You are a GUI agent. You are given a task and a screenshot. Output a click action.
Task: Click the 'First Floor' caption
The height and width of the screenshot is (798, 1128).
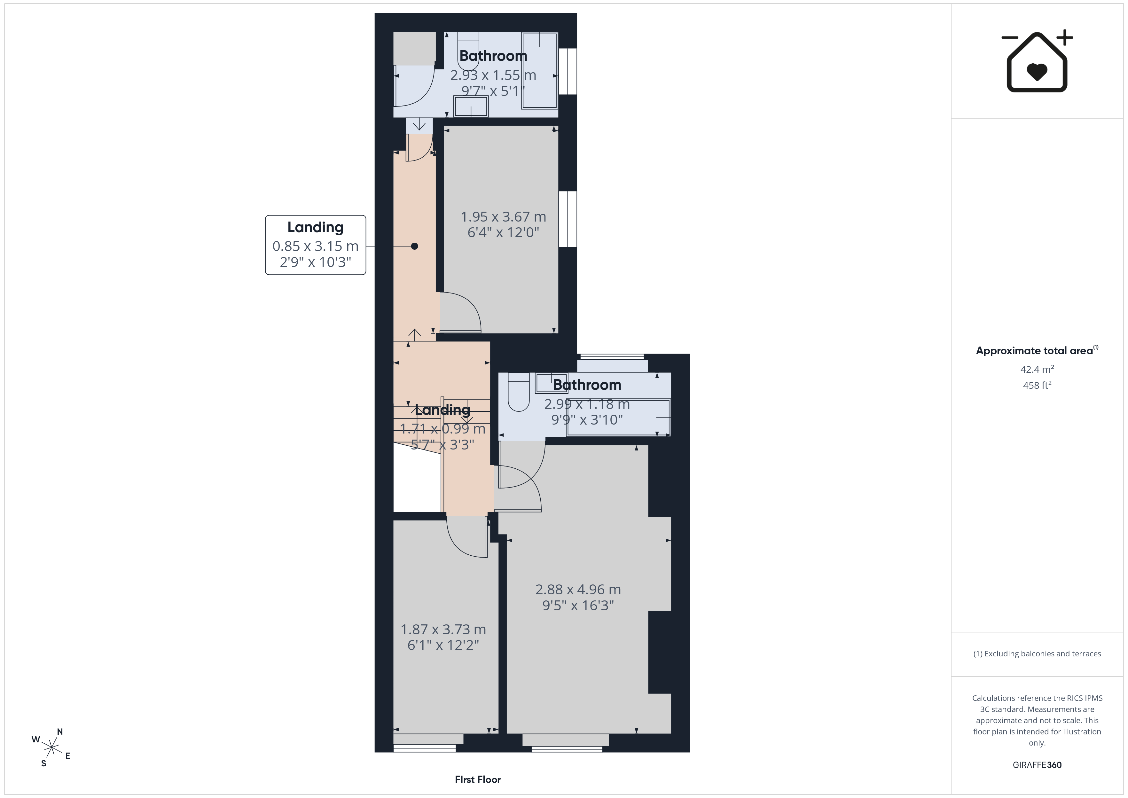click(x=478, y=779)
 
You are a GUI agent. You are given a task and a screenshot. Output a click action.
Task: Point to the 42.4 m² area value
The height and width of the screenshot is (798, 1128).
click(x=1037, y=369)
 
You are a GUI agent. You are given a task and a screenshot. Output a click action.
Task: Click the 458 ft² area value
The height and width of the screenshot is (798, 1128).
click(x=1037, y=385)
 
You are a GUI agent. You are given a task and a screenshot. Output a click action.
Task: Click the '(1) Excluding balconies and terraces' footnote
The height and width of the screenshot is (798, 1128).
click(x=1037, y=653)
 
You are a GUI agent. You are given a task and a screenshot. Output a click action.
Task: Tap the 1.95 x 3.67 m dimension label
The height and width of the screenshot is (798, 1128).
click(x=503, y=217)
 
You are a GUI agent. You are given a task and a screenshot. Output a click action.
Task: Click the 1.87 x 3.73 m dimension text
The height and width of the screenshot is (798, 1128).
click(x=443, y=630)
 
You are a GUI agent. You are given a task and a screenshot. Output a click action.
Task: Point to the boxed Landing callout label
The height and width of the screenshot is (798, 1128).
click(x=315, y=245)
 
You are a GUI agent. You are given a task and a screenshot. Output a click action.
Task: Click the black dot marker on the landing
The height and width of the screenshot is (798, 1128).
click(x=415, y=246)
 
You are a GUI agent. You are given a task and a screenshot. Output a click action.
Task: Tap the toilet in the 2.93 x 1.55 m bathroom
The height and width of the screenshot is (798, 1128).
click(x=468, y=52)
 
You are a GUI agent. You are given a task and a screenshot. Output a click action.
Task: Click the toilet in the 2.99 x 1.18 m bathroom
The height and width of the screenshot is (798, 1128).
click(x=518, y=392)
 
